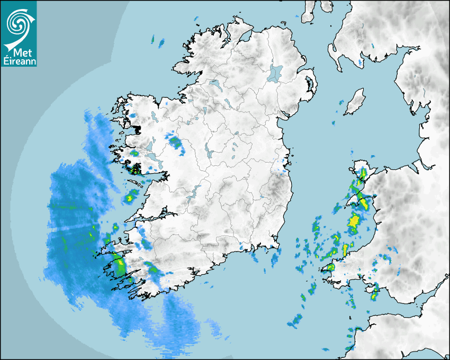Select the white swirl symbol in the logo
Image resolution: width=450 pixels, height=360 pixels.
(17, 23)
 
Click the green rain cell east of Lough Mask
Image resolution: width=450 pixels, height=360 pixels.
(175, 141)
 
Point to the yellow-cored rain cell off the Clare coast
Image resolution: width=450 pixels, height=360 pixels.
(129, 199)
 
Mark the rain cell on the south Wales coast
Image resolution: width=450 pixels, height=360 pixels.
(375, 291)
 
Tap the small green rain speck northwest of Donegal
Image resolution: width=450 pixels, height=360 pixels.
(153, 39)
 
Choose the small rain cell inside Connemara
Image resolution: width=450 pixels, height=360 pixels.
(134, 154)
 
